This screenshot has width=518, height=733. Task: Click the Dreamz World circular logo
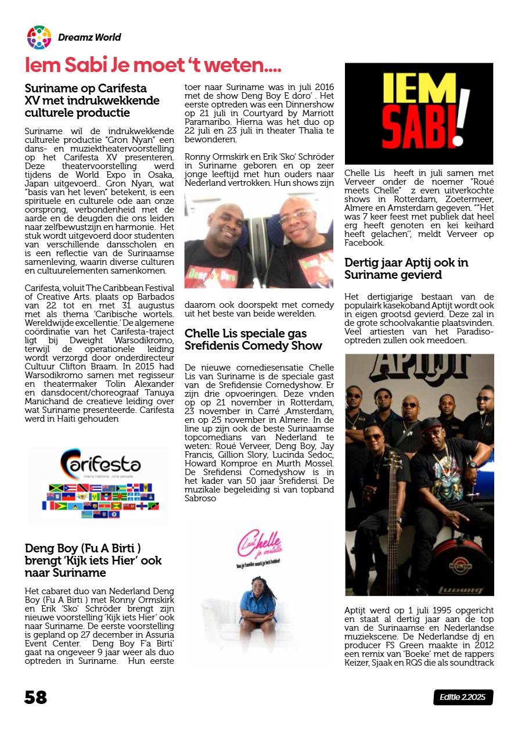[x=39, y=37]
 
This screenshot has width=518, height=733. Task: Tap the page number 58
[x=35, y=696]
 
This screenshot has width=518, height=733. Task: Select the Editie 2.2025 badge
[x=463, y=697]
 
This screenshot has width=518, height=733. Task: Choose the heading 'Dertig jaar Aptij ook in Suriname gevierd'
[x=407, y=268]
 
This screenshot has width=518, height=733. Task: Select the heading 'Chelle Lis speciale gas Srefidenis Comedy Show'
[x=253, y=339]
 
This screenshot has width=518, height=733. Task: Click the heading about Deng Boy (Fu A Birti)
[x=93, y=560]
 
